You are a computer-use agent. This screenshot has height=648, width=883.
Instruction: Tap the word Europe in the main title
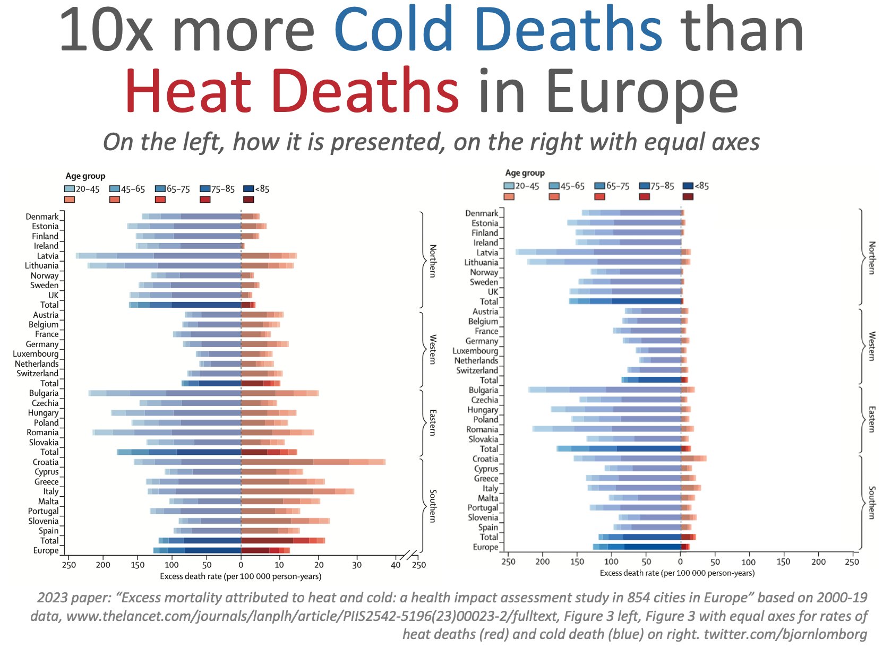point(642,90)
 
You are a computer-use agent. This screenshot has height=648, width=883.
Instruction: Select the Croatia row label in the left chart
point(46,462)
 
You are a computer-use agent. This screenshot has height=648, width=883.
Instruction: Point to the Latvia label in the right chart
point(487,253)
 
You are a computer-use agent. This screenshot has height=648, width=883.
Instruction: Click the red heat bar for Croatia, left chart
point(313,462)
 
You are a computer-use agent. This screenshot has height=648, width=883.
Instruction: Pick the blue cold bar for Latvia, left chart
point(159,256)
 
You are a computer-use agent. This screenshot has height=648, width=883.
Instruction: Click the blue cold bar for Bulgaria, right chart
point(605,390)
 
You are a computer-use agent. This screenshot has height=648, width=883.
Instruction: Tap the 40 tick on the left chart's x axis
point(396,565)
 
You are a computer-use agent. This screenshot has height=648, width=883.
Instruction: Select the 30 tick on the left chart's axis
point(357,565)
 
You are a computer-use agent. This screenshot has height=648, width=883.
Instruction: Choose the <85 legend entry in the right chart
point(696,186)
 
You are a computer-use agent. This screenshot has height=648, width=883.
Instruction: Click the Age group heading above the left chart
point(85,176)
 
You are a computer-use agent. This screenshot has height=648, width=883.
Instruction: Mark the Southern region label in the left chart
point(433,506)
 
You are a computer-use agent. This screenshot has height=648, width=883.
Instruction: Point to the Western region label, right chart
point(871,346)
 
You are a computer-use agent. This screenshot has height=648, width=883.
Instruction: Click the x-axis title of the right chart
point(677,573)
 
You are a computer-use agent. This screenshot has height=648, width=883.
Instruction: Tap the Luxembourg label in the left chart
point(36,354)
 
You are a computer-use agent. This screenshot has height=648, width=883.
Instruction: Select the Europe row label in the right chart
point(485,547)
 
